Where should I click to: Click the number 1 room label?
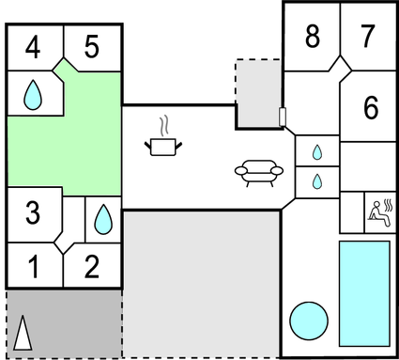tap(33, 268)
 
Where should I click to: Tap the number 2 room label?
tap(91, 268)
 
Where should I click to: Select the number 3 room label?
tap(33, 213)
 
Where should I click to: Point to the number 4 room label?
tap(33, 47)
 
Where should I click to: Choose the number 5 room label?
tap(91, 47)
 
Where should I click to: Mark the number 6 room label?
tap(371, 108)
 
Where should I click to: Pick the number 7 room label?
tap(367, 37)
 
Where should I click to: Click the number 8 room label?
tap(313, 37)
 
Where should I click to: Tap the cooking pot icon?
tap(163, 146)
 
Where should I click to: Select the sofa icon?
tap(258, 171)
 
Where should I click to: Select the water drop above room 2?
tap(101, 220)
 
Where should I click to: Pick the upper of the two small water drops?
tap(317, 150)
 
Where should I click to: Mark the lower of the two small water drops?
tap(317, 180)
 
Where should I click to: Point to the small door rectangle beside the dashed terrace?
tap(282, 117)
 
